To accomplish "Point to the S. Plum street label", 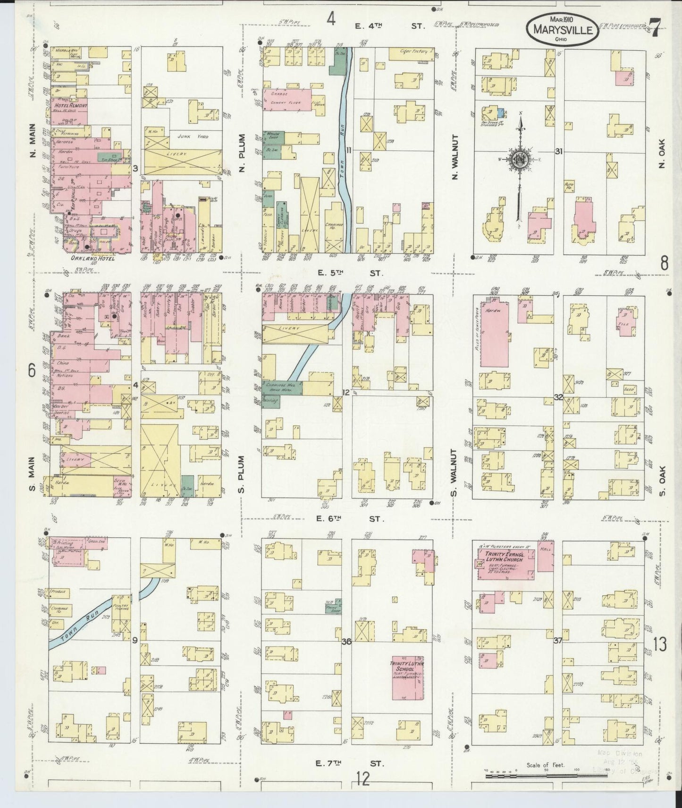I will (x=241, y=474).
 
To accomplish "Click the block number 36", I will (x=347, y=642).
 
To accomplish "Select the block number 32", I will (x=558, y=397).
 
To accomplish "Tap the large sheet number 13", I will (x=660, y=644).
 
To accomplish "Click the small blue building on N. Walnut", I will (x=501, y=113).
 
